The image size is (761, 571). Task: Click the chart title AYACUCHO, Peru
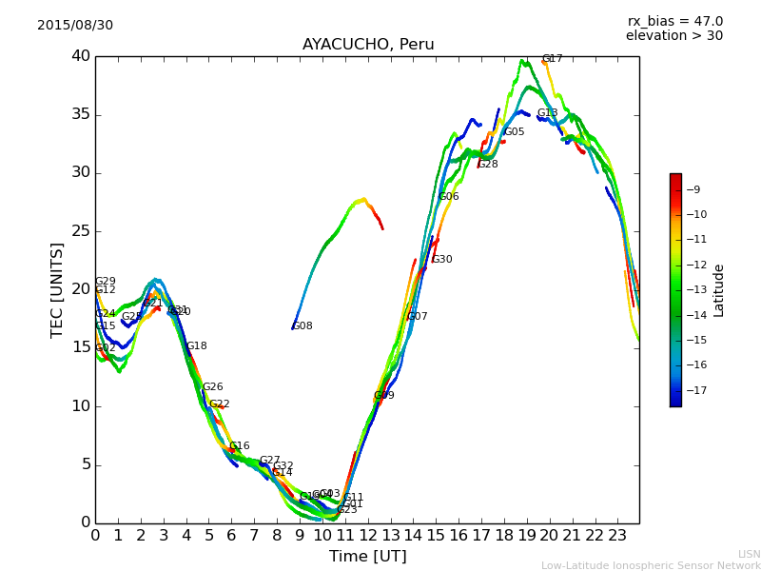(368, 45)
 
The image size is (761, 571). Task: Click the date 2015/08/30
(75, 26)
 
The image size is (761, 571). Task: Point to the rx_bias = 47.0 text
(674, 21)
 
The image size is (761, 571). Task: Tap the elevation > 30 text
(673, 36)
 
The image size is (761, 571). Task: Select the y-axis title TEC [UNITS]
(58, 289)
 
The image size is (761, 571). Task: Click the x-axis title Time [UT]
(367, 557)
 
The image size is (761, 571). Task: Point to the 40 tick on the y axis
(80, 56)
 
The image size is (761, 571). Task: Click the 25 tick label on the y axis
(80, 231)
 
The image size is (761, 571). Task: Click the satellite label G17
(552, 59)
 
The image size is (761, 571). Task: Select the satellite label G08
(302, 326)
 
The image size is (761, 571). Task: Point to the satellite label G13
(547, 113)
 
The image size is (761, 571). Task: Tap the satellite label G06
(448, 197)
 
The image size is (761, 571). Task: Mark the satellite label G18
(196, 346)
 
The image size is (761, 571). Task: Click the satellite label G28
(487, 165)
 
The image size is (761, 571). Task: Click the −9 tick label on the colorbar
(693, 188)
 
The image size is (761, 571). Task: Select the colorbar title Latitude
(719, 289)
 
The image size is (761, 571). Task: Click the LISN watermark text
(749, 554)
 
